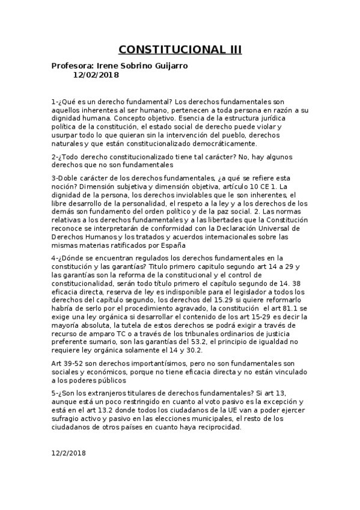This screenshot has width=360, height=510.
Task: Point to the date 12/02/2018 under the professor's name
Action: [96, 75]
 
